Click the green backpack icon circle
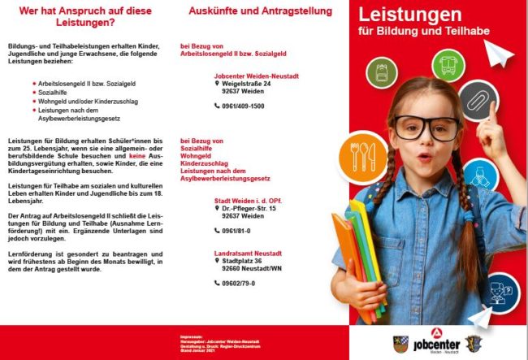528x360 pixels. pyautogui.click(x=382, y=72)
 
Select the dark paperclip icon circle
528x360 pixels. pyautogui.click(x=477, y=99)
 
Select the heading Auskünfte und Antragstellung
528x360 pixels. pyautogui.click(x=260, y=12)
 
